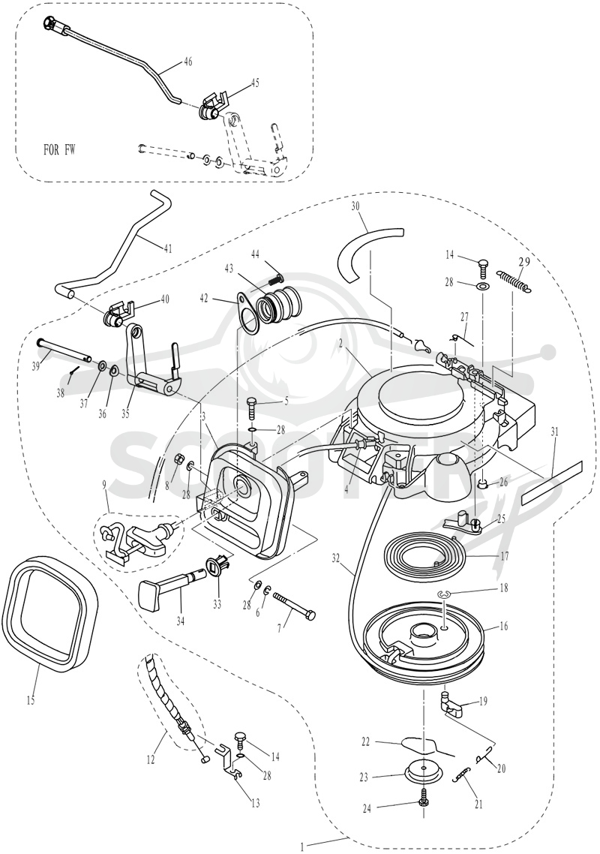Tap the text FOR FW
coord(59,149)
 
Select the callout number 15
coord(30,700)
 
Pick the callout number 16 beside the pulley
coord(504,627)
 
